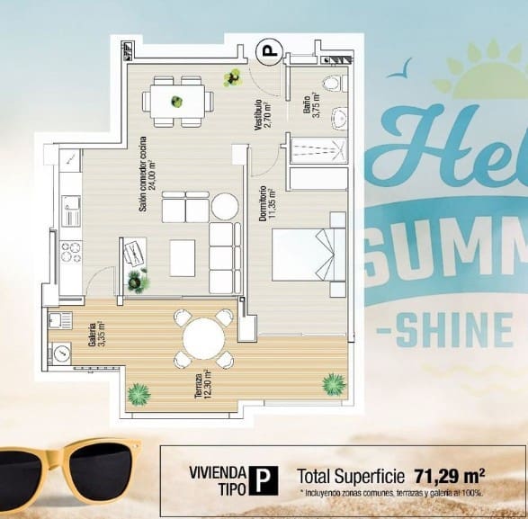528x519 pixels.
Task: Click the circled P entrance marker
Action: (267, 52)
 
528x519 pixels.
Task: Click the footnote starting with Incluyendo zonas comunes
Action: (392, 493)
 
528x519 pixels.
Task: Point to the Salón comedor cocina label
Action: (147, 174)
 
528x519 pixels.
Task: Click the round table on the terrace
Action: (203, 340)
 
